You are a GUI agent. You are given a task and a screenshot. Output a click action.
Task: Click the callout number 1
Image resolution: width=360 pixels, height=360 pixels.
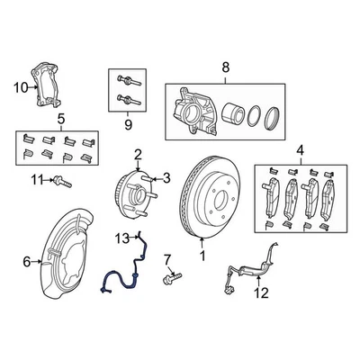pos(202,256)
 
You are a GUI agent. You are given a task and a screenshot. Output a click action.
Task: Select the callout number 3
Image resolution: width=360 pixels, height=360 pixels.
pos(166,179)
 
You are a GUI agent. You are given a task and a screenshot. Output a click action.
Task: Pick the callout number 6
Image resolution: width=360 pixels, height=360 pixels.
pos(26,262)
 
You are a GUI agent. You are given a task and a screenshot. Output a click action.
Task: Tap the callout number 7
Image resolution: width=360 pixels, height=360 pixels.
pos(167,260)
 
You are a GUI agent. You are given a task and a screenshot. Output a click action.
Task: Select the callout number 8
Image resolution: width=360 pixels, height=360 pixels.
pos(226,66)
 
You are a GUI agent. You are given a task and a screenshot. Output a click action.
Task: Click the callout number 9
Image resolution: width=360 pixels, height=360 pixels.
pos(127,125)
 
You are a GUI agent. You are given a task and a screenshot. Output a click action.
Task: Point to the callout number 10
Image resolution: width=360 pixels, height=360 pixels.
pos(19,86)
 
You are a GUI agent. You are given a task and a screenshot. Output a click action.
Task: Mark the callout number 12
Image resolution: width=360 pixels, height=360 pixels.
pos(261,293)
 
